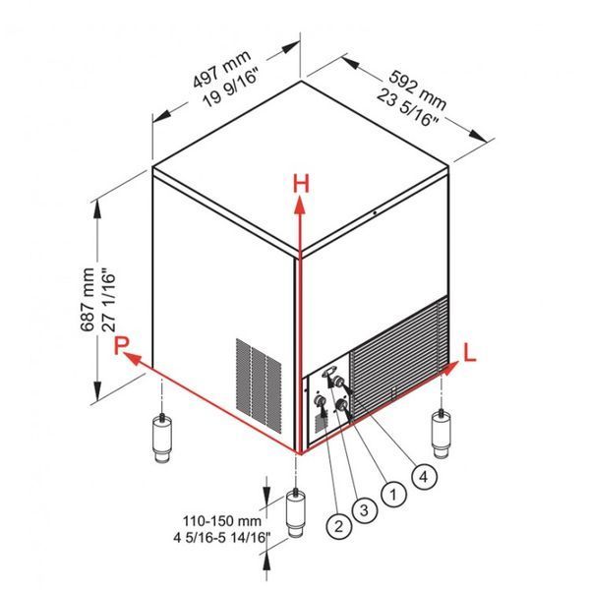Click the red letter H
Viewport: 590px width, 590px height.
(x=301, y=183)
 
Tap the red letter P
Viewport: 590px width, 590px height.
(x=122, y=345)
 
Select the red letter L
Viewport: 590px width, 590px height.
(x=470, y=353)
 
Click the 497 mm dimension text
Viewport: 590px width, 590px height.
(x=221, y=69)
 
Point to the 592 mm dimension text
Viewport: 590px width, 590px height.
(x=417, y=89)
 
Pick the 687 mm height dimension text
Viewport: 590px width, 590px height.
(x=88, y=300)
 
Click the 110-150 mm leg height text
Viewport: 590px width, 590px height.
(x=222, y=521)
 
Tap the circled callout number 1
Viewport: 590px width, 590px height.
(x=393, y=494)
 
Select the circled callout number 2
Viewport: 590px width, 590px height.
(x=338, y=526)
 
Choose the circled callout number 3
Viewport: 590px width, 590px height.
(x=364, y=510)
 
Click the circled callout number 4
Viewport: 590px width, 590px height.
(x=424, y=477)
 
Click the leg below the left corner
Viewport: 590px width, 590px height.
(x=162, y=438)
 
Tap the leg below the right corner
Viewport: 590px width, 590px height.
(x=441, y=434)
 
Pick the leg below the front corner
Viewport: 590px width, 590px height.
(x=296, y=512)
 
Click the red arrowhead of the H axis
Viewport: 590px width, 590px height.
(x=300, y=206)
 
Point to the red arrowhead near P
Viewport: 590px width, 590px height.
(x=133, y=359)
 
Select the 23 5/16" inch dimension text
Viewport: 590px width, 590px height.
(x=408, y=107)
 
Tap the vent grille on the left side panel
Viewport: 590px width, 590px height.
(x=259, y=384)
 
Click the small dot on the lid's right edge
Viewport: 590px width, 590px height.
(x=376, y=212)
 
